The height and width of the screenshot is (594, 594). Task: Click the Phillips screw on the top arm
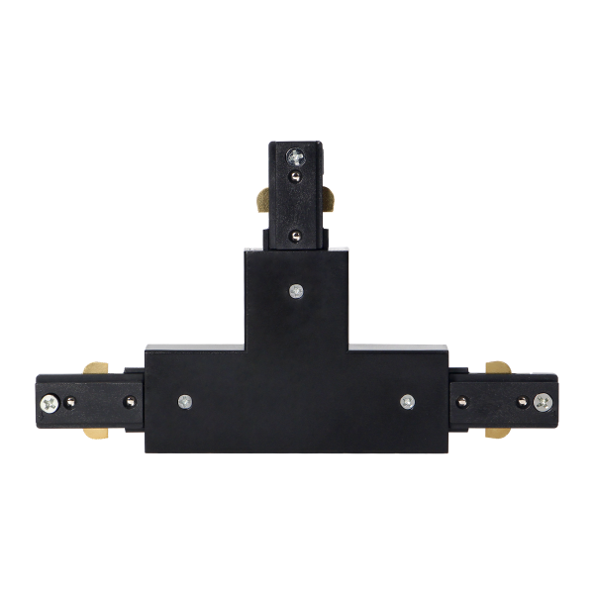pos(296,155)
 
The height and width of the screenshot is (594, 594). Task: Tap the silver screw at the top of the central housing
pos(296,290)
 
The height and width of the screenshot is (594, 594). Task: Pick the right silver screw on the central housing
pos(407,401)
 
